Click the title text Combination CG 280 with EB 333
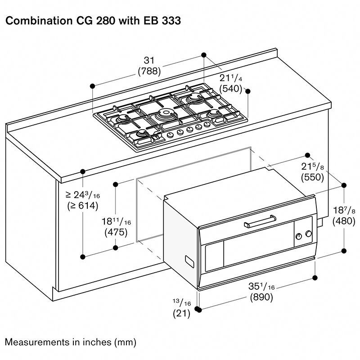click(93, 21)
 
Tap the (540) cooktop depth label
click(231, 88)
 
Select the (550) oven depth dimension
click(313, 177)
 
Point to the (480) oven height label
click(344, 221)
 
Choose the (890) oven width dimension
click(261, 297)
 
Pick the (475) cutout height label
click(116, 233)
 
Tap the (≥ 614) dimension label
click(82, 206)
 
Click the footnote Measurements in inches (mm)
click(70, 342)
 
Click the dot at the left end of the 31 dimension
click(92, 85)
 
